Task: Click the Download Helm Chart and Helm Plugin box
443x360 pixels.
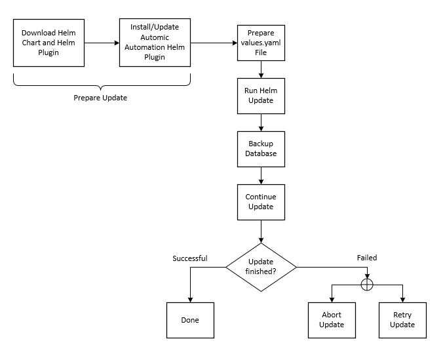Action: pyautogui.click(x=48, y=43)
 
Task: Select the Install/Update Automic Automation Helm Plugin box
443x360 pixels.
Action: pyautogui.click(x=155, y=43)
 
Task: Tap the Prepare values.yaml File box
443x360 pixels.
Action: pyautogui.click(x=261, y=43)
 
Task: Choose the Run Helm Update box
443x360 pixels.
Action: pyautogui.click(x=261, y=96)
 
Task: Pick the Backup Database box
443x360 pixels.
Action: pyautogui.click(x=261, y=149)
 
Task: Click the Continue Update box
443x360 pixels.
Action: pyautogui.click(x=261, y=202)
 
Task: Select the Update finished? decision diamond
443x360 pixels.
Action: pyautogui.click(x=261, y=267)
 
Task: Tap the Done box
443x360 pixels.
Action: pyautogui.click(x=190, y=320)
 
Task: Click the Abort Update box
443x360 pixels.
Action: pyautogui.click(x=332, y=320)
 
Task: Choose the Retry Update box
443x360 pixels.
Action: pyautogui.click(x=402, y=320)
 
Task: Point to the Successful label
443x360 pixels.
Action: pyautogui.click(x=190, y=258)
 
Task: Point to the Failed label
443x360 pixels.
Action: pyautogui.click(x=367, y=258)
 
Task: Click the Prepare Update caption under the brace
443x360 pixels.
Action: pyautogui.click(x=100, y=98)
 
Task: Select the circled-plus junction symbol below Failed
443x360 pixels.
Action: pyautogui.click(x=367, y=285)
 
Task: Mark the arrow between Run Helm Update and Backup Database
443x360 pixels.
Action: pyautogui.click(x=261, y=122)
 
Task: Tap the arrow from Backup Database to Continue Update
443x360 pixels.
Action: pyautogui.click(x=261, y=175)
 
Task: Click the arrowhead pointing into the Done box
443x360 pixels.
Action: pyautogui.click(x=190, y=299)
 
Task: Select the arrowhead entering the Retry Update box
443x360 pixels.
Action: pyautogui.click(x=402, y=299)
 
